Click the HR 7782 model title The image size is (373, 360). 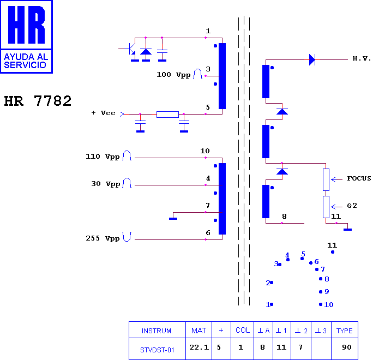pyautogui.click(x=38, y=101)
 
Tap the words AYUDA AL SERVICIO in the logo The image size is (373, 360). pyautogui.click(x=26, y=61)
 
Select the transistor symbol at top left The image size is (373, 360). pyautogui.click(x=130, y=49)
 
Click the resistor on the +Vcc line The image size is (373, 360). pyautogui.click(x=167, y=115)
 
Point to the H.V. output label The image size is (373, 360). pyautogui.click(x=362, y=58)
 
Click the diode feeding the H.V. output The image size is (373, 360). pyautogui.click(x=312, y=59)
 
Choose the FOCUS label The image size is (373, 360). pyautogui.click(x=359, y=178)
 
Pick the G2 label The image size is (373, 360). pyautogui.click(x=352, y=206)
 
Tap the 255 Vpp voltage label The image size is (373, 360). pyautogui.click(x=103, y=238)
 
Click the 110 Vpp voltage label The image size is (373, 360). pyautogui.click(x=103, y=157)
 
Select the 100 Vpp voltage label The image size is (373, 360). pyautogui.click(x=173, y=75)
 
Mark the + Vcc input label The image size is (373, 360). pyautogui.click(x=104, y=113)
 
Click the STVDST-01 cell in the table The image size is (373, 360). pyautogui.click(x=157, y=350)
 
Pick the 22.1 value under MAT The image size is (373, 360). pyautogui.click(x=199, y=347)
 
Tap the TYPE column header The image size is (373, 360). pyautogui.click(x=344, y=331)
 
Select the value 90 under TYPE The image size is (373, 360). pyautogui.click(x=347, y=347)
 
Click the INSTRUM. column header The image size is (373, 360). pyautogui.click(x=157, y=331)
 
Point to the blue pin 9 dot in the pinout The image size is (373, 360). pyautogui.click(x=321, y=292)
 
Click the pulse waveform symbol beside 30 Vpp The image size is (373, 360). pyautogui.click(x=127, y=183)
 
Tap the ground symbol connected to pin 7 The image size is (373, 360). pyautogui.click(x=173, y=219)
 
